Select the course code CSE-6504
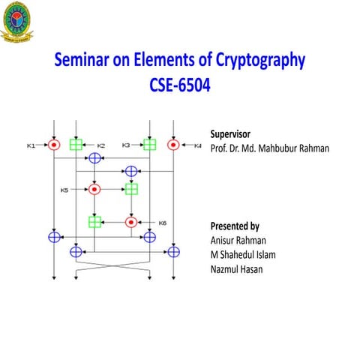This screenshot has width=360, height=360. click(180, 85)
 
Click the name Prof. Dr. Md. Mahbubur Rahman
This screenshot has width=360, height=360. click(269, 148)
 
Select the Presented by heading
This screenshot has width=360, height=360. click(235, 226)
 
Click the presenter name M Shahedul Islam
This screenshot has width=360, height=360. click(243, 254)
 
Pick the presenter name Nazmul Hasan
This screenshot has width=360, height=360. click(236, 268)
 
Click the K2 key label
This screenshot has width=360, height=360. click(100, 145)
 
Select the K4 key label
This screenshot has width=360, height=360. click(198, 145)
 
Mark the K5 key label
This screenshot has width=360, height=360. click(64, 190)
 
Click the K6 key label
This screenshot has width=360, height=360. click(162, 222)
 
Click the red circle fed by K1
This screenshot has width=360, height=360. click(54, 144)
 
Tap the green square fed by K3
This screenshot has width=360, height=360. click(149, 144)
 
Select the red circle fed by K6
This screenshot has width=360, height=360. click(131, 222)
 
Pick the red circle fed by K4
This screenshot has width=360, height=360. click(173, 144)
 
